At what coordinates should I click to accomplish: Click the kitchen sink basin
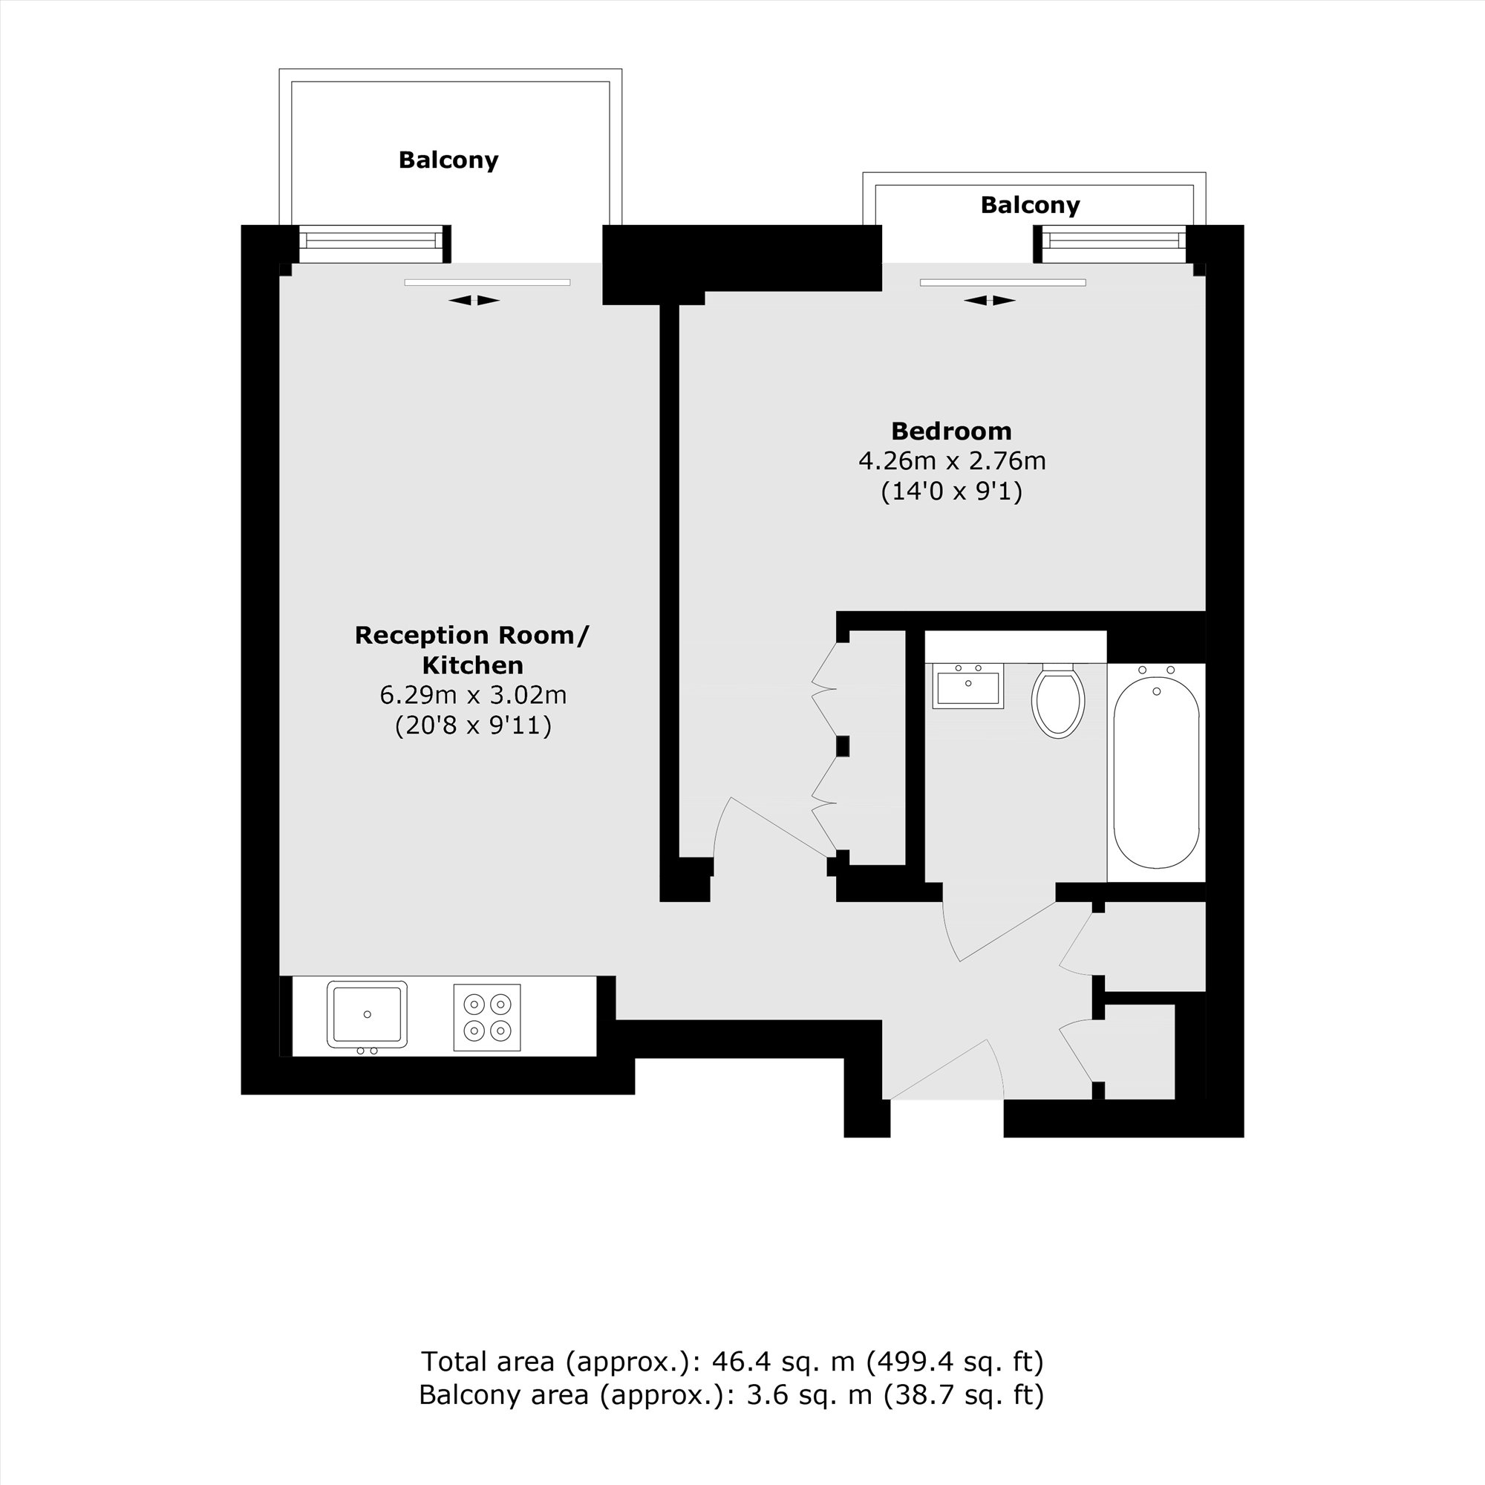tap(367, 1014)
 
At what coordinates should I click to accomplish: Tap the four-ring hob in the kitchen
tap(486, 1017)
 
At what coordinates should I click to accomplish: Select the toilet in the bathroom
tap(1057, 700)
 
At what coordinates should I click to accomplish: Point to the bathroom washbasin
tap(967, 686)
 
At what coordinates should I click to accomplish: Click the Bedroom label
tap(951, 431)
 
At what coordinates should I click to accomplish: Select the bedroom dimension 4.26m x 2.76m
tap(952, 461)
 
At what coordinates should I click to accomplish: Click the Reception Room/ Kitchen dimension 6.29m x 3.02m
tap(473, 695)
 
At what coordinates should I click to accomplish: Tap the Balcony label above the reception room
tap(448, 160)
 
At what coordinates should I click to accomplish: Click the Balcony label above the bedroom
tap(1030, 205)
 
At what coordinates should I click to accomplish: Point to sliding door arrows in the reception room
tap(474, 301)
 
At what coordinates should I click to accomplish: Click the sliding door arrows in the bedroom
tap(989, 301)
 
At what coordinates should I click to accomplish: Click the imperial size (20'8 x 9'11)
tap(473, 725)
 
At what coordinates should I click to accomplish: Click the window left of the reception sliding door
tap(371, 241)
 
